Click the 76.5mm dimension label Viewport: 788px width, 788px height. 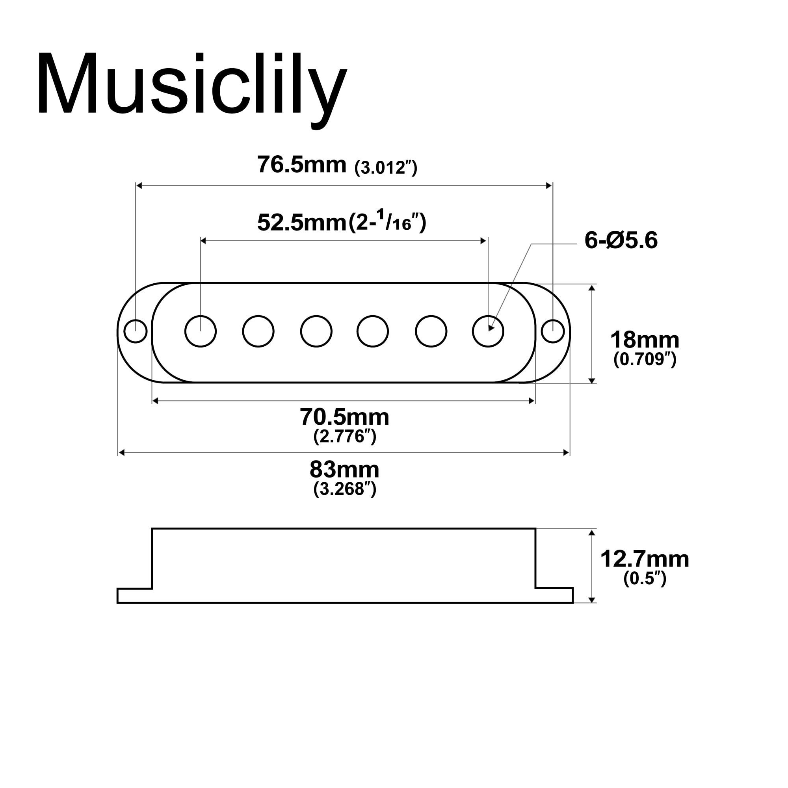[301, 165]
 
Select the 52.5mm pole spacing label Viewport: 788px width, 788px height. [301, 223]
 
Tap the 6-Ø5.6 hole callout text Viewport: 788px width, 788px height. [621, 240]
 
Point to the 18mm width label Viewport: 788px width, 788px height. [645, 340]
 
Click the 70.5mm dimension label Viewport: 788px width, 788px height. [344, 417]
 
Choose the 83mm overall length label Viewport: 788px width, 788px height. [344, 470]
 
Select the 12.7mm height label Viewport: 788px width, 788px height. [645, 558]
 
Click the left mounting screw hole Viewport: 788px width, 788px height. [136, 331]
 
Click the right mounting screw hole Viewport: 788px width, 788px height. [553, 331]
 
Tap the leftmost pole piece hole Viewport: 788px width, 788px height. [200, 331]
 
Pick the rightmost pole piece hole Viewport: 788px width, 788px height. [488, 331]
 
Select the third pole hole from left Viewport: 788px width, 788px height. [316, 331]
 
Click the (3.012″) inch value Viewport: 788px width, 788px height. [385, 167]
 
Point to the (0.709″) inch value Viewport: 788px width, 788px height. [645, 359]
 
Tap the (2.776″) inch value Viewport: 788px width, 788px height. [344, 437]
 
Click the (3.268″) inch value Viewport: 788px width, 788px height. [344, 489]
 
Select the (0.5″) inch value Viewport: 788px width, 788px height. [645, 578]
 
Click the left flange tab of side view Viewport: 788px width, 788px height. [135, 595]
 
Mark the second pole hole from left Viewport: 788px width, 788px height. [258, 331]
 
